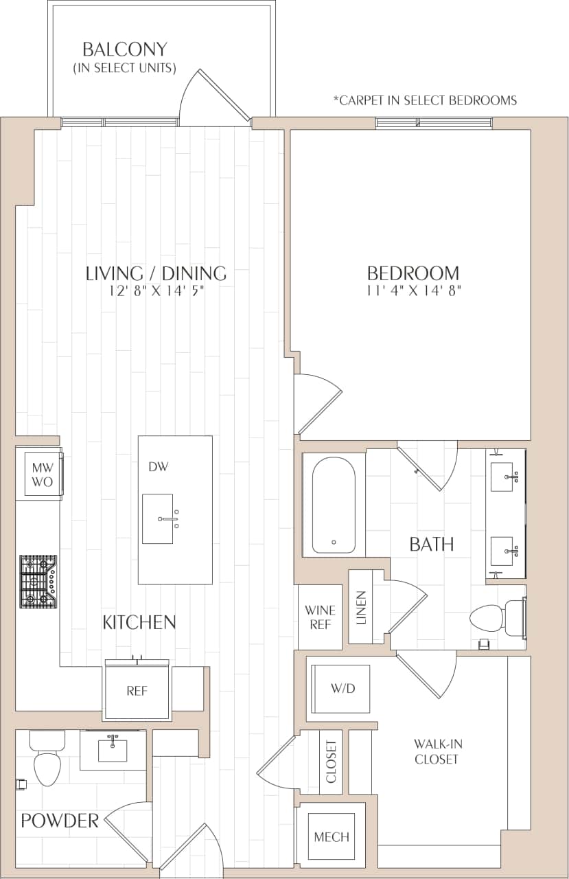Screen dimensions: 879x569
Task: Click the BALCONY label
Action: [124, 50]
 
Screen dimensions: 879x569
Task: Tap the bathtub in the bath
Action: [334, 505]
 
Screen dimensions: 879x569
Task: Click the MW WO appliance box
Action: [42, 474]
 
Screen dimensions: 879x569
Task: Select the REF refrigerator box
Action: [137, 692]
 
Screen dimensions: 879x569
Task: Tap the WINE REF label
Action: [320, 617]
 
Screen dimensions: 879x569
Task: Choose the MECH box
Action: [332, 836]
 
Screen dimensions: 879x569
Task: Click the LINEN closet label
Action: [362, 608]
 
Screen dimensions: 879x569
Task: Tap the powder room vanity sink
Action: [113, 749]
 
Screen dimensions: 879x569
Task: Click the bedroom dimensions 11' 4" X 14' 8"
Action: [413, 290]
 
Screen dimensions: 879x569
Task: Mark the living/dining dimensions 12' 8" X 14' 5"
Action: [156, 290]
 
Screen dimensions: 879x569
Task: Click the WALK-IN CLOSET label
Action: [436, 751]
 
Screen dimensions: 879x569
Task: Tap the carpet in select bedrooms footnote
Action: [425, 100]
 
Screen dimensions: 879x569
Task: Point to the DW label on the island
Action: [159, 467]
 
